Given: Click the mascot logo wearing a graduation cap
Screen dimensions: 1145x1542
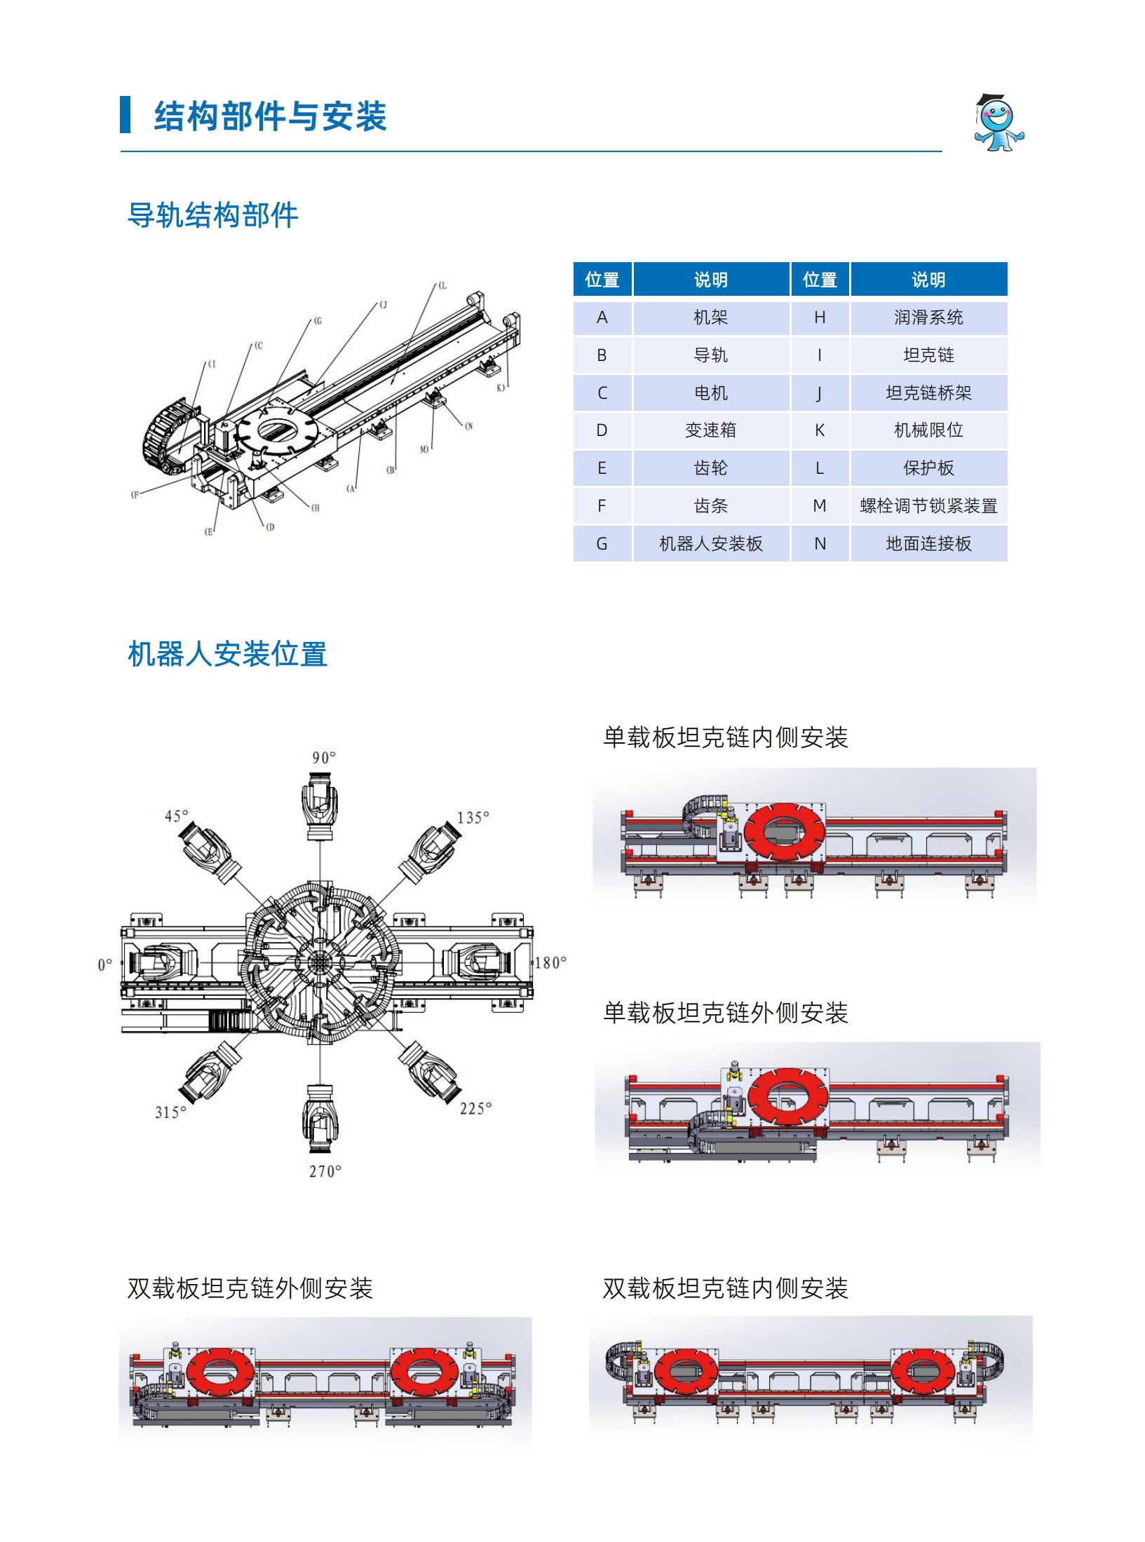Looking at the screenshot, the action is coord(998,123).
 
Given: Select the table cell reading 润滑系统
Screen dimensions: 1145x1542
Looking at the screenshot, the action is coord(928,318).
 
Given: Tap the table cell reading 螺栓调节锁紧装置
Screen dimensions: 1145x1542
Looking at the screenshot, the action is coord(928,506).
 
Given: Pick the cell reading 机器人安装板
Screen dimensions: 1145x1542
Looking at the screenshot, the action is coord(711,544).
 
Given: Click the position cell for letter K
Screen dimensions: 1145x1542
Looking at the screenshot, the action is coord(820,431).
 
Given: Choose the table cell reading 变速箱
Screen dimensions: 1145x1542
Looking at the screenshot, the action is coord(711,431).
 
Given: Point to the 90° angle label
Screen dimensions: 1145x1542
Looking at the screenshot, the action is coord(324,758).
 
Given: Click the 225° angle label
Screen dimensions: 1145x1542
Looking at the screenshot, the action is coord(475,1108).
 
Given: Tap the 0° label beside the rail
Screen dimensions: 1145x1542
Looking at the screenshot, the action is coord(104,965).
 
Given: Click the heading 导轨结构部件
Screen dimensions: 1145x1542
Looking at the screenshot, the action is coord(212,215).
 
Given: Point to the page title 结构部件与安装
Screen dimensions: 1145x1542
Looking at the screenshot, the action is coord(270,116).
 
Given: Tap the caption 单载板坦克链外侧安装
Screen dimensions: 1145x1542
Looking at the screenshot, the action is coord(726,1012).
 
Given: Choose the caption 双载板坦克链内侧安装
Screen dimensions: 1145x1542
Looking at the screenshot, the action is coord(726,1288).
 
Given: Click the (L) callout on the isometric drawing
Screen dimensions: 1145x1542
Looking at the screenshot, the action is coord(442,286).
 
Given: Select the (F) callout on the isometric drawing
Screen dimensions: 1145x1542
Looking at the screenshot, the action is coord(135,495).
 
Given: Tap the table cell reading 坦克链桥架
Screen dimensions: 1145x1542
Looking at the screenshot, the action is coord(928,393).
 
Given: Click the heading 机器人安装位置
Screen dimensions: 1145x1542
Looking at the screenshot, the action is coord(227,655).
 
